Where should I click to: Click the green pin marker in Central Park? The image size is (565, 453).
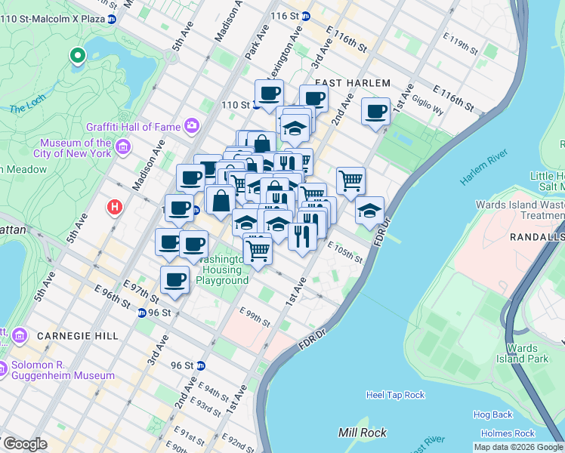pos(76,55)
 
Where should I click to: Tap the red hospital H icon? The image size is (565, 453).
pos(115,206)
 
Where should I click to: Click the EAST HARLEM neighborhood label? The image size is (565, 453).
pos(353,83)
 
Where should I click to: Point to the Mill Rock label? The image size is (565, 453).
pos(363,433)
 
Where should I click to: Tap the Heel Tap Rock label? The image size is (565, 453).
pos(395,395)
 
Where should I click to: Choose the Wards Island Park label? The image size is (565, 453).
pos(522,353)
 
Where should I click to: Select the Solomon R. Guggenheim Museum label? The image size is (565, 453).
pos(63,370)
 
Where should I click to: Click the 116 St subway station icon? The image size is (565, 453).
pos(305,15)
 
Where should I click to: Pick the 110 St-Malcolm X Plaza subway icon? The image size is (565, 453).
pos(111,19)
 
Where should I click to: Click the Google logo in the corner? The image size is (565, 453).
pos(24,443)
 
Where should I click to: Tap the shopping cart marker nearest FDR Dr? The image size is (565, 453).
pos(350,180)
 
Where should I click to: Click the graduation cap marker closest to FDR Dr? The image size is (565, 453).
pos(369,210)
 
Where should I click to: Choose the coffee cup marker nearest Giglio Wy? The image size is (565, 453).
pos(375,112)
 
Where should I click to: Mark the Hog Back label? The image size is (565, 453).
pos(492,414)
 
